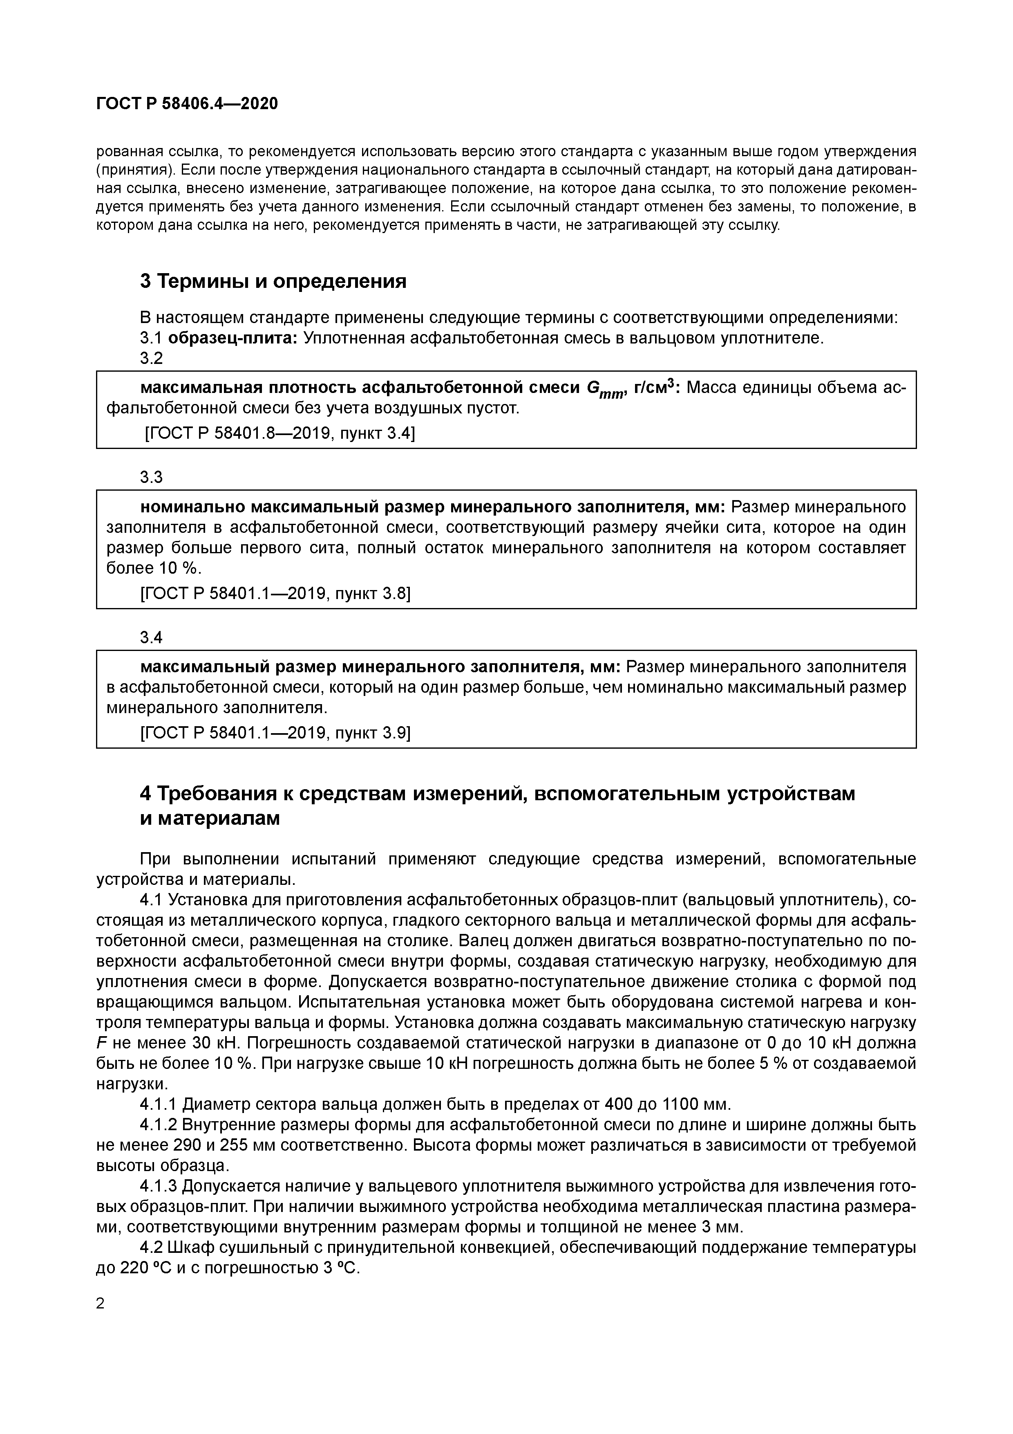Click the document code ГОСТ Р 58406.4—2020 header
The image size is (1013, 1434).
[187, 104]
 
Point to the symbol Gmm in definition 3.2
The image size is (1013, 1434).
[605, 389]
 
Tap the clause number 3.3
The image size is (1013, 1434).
[151, 477]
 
